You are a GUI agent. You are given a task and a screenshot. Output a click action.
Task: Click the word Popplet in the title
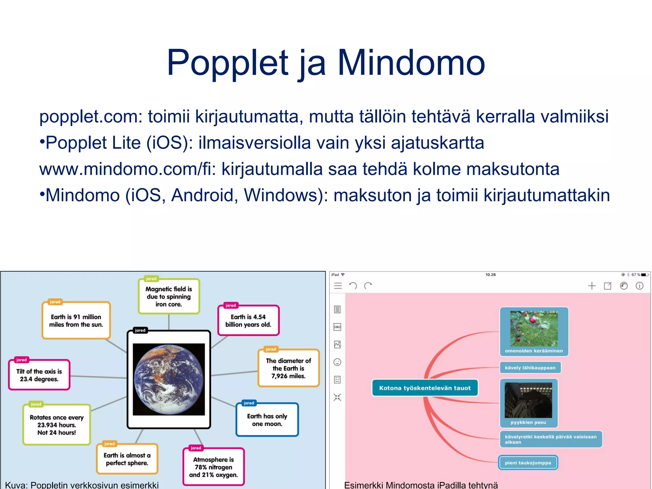pos(227,63)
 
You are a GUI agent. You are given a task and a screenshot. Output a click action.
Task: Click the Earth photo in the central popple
pos(169,379)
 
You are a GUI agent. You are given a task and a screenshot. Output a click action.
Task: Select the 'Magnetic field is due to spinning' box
pos(169,296)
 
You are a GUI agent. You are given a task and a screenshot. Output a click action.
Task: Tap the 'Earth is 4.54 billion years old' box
pos(248,321)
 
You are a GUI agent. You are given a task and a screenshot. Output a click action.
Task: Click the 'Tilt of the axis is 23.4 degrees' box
pos(39,375)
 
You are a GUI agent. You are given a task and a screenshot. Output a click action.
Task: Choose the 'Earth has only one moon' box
pos(267,420)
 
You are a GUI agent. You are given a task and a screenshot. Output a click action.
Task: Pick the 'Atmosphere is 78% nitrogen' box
pos(213,467)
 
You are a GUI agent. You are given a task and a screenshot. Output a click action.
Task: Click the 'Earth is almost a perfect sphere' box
pos(127,459)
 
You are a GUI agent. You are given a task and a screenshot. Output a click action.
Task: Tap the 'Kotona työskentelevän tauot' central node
pos(425,388)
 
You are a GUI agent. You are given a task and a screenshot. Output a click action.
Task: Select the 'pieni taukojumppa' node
pos(528,463)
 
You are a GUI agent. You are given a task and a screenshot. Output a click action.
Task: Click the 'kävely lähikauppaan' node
pos(530,368)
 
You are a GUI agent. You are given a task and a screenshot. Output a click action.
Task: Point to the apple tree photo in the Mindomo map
pos(534,329)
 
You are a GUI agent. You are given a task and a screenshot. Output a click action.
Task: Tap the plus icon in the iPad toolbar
pos(592,286)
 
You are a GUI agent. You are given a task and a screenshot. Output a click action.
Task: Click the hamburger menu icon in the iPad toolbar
pos(338,286)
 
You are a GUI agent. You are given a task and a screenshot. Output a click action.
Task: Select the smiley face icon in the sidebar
pos(337,362)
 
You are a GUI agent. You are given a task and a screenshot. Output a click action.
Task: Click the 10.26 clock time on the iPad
pos(490,275)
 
